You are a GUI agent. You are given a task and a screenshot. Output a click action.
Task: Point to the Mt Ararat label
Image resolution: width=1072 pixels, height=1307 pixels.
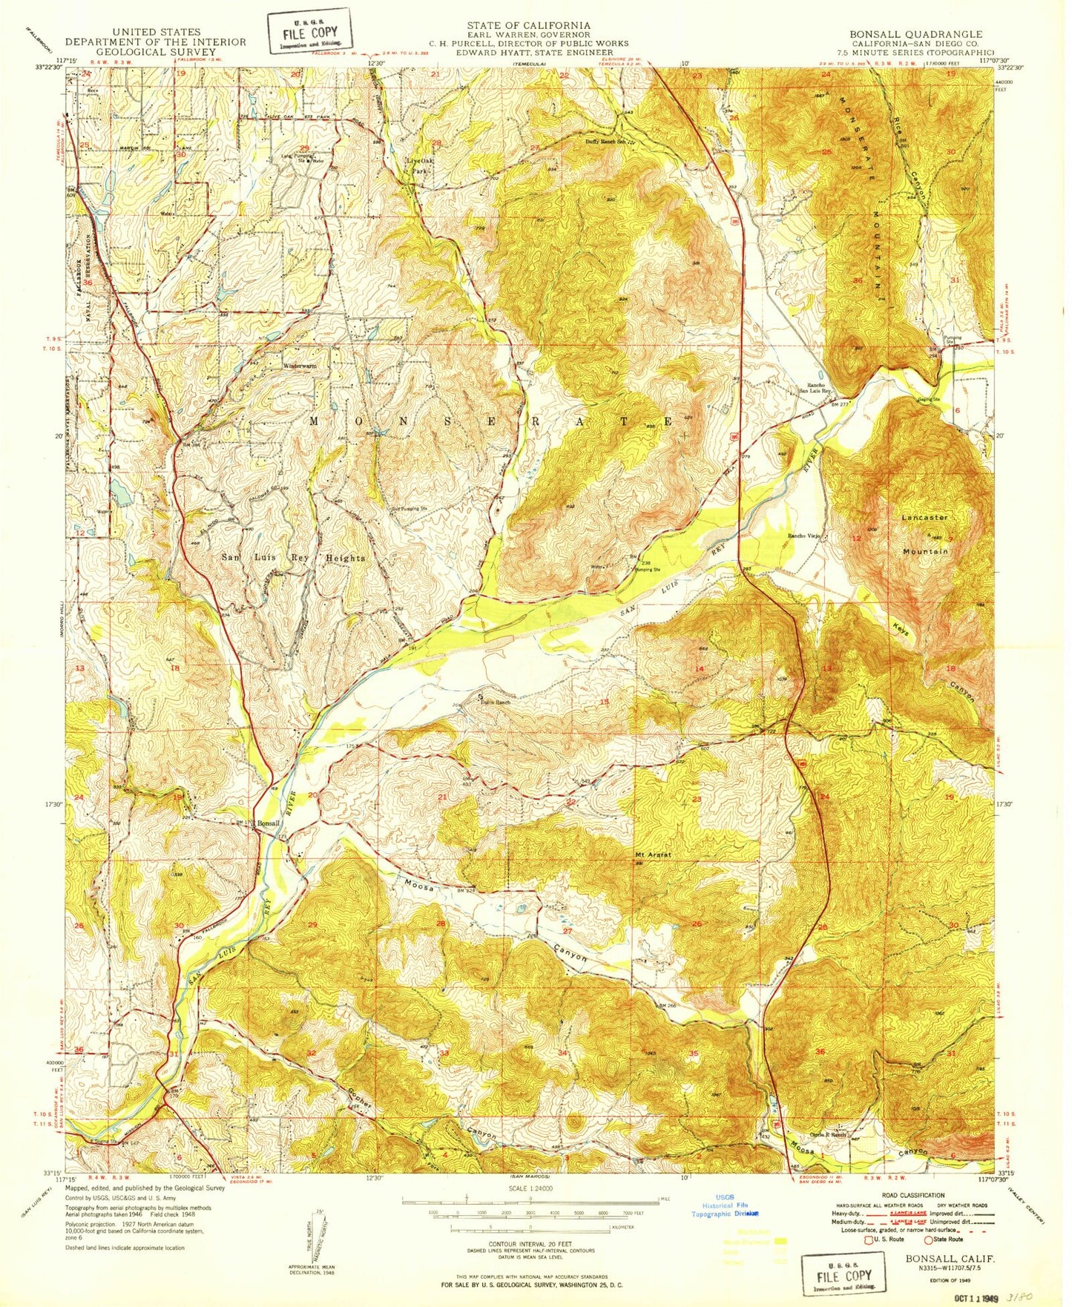[x=653, y=855]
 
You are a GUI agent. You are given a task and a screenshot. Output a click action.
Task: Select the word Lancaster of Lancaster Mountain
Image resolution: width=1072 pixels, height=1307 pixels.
[x=924, y=517]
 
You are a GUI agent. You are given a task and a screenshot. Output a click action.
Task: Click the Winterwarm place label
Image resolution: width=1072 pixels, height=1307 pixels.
[x=300, y=366]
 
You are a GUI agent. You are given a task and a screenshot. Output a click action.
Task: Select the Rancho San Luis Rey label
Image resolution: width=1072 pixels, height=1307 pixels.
[x=820, y=388]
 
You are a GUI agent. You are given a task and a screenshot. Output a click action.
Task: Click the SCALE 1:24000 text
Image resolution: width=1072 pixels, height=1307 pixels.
[x=530, y=1188]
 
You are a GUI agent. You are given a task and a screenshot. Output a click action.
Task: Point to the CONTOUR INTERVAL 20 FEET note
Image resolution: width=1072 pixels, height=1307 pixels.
[x=530, y=1244]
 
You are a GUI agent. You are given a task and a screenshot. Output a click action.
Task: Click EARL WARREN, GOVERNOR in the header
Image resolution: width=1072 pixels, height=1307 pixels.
[x=529, y=35]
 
